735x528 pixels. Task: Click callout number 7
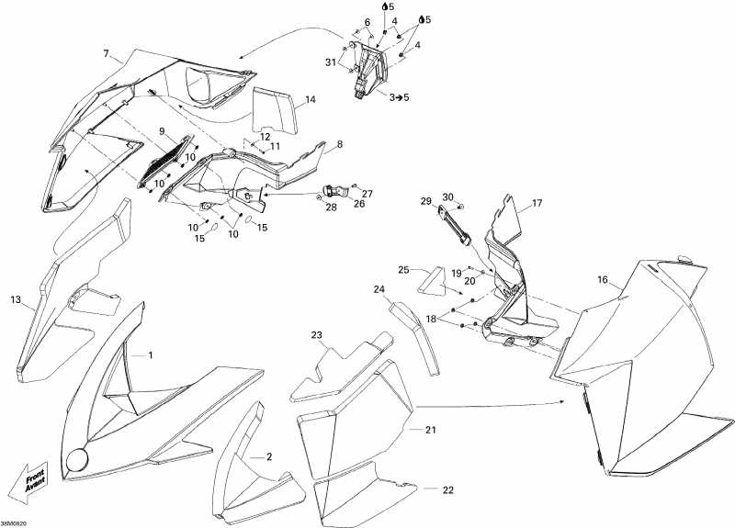[x=107, y=52]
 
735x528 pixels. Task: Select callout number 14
[x=311, y=99]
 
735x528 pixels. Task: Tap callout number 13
[x=16, y=300]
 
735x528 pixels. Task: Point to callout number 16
[x=603, y=279]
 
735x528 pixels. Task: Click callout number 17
[x=537, y=203]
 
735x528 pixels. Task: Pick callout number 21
[x=430, y=430]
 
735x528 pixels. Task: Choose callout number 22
[x=448, y=489]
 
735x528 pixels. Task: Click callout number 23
[x=317, y=334]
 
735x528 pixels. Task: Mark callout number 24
[x=379, y=289]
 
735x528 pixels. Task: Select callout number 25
[x=403, y=270]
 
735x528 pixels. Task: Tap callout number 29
[x=426, y=202]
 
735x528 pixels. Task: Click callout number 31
[x=332, y=62]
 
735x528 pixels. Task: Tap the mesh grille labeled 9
[x=166, y=162]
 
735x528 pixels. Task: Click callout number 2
[x=268, y=456]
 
